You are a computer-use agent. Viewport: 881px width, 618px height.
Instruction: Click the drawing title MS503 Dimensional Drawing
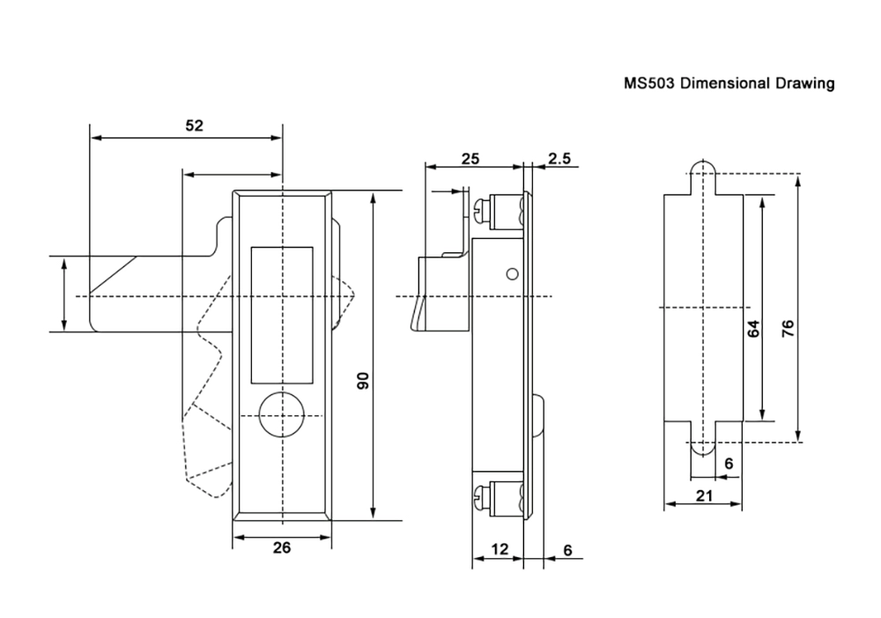pyautogui.click(x=728, y=85)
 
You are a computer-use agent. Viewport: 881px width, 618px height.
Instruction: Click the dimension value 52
pyautogui.click(x=194, y=126)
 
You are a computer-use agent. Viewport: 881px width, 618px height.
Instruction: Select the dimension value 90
pyautogui.click(x=361, y=381)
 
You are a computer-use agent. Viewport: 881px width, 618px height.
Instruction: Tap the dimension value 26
pyautogui.click(x=281, y=547)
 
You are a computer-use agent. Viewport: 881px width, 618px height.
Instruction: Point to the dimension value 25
pyautogui.click(x=470, y=159)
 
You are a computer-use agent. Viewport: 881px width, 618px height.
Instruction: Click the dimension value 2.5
pyautogui.click(x=559, y=159)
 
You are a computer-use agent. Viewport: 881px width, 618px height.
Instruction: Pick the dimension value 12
pyautogui.click(x=500, y=549)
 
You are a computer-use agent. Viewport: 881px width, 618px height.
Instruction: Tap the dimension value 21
pyautogui.click(x=703, y=495)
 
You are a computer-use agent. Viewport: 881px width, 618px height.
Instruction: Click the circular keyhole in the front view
pyautogui.click(x=282, y=413)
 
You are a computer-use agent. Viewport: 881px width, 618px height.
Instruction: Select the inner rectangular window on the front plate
pyautogui.click(x=282, y=316)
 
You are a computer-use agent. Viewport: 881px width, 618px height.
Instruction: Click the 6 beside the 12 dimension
pyautogui.click(x=566, y=550)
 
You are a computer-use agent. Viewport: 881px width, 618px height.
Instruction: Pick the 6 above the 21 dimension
pyautogui.click(x=728, y=463)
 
